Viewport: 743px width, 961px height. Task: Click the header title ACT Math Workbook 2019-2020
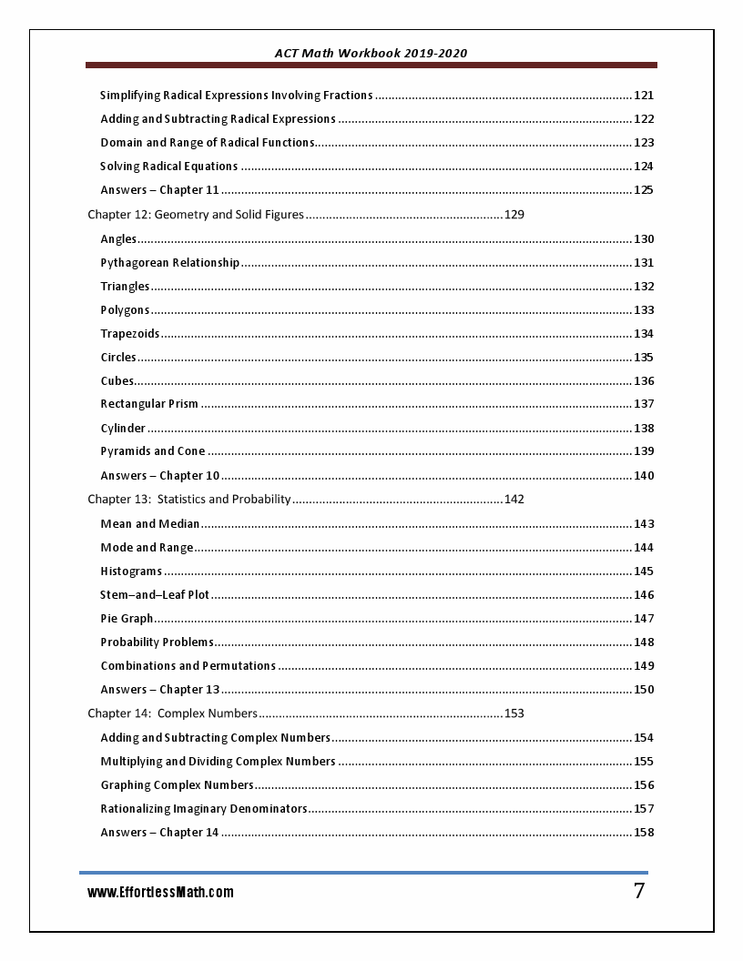click(371, 53)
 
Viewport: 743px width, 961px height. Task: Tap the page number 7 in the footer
click(639, 891)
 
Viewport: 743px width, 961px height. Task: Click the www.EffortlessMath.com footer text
click(160, 893)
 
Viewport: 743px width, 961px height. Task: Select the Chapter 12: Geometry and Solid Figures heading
click(195, 216)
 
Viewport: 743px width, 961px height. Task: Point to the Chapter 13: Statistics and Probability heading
click(188, 499)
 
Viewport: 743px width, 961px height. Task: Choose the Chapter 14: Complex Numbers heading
click(172, 713)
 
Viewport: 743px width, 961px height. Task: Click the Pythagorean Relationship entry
click(169, 263)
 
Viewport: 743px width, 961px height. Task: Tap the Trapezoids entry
click(130, 334)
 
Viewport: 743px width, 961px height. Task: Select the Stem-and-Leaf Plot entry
click(155, 595)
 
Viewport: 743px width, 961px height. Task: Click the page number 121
click(644, 96)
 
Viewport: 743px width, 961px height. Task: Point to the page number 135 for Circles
click(644, 358)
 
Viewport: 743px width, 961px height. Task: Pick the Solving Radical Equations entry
click(169, 167)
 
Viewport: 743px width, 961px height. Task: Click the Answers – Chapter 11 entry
click(159, 190)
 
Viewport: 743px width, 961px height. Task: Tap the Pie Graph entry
click(127, 619)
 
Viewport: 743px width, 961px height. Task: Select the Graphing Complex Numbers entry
click(177, 785)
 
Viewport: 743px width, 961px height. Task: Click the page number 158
click(644, 833)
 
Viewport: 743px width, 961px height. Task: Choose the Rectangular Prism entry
click(149, 404)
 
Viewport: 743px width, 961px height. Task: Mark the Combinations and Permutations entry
click(188, 666)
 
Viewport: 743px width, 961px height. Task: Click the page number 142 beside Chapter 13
click(514, 499)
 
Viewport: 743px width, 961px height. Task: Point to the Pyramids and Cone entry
click(153, 451)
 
